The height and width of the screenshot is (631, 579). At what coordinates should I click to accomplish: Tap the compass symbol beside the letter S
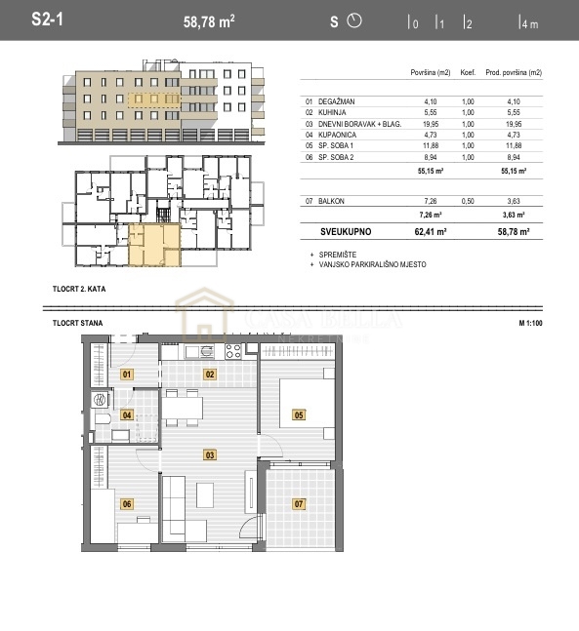354,20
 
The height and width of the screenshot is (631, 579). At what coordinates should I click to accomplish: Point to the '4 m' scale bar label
529,24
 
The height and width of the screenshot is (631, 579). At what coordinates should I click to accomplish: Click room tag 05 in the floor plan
299,414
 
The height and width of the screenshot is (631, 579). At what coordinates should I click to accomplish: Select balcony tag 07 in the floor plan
299,503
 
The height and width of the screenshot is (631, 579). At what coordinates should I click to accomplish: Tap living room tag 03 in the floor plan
209,454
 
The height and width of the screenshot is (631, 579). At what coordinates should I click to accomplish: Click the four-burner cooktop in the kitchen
233,351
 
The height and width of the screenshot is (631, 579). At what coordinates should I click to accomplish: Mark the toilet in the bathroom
101,420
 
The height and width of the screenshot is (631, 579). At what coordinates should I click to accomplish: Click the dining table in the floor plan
184,409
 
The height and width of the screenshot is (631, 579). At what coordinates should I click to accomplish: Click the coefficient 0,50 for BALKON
469,201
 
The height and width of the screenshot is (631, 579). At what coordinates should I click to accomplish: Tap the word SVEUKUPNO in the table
347,233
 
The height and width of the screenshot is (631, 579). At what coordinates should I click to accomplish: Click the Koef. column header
469,73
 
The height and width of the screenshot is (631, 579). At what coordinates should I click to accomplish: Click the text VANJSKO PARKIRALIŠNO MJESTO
372,264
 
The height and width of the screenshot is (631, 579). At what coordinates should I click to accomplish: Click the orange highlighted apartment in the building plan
152,243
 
